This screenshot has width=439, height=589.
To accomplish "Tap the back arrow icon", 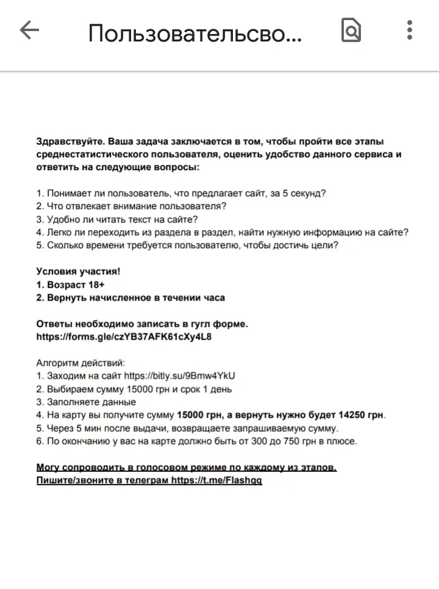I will (x=29, y=30).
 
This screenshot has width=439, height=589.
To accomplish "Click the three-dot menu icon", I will (x=410, y=30).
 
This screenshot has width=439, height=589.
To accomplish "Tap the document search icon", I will (x=351, y=30).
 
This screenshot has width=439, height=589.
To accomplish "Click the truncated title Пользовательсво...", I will (x=195, y=34).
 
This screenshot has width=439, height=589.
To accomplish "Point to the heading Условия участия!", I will (x=78, y=272).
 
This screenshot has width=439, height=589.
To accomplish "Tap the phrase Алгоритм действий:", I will (x=80, y=363).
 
